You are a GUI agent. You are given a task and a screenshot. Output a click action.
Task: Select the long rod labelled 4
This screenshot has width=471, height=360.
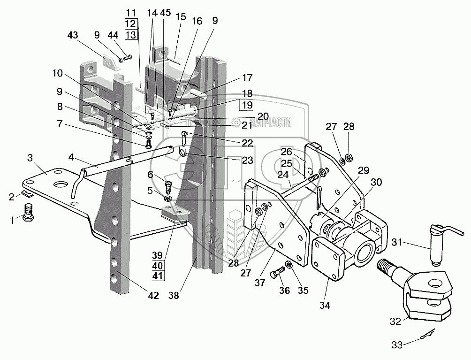122,161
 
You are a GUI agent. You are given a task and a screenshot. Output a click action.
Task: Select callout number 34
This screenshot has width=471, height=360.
325,305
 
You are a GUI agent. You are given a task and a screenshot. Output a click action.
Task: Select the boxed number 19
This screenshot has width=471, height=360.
248,105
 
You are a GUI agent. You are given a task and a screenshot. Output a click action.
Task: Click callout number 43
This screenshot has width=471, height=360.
73,36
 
